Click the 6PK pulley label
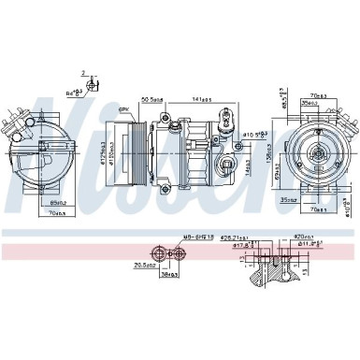tap(122, 109)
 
